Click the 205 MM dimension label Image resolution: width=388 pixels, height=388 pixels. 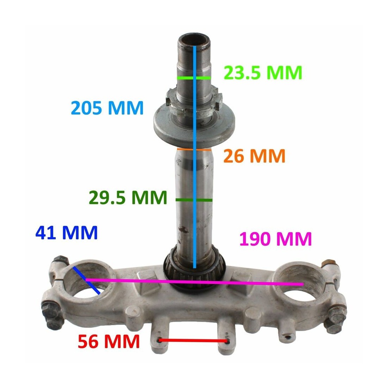[x=107, y=108]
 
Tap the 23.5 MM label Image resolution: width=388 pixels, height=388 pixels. [x=263, y=73]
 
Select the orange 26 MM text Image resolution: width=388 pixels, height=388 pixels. [x=254, y=156]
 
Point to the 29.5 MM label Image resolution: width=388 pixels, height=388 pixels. [x=128, y=197]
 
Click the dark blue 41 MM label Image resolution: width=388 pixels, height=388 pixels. [x=67, y=232]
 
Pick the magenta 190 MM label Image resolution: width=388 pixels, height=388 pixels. [x=275, y=239]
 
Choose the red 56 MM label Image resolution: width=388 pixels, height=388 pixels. [x=109, y=341]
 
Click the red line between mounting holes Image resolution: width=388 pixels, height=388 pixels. [x=193, y=341]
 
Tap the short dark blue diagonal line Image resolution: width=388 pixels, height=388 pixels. [x=86, y=281]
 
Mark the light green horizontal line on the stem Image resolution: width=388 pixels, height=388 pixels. [x=194, y=78]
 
